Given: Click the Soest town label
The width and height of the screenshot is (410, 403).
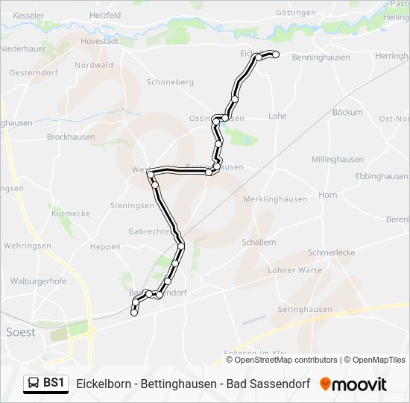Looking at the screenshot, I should (20, 332).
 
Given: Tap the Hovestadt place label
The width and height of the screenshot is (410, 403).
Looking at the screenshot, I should (99, 41).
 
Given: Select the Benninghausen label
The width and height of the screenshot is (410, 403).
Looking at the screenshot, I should (321, 57).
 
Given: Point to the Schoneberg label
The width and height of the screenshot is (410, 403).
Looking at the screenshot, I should (171, 82).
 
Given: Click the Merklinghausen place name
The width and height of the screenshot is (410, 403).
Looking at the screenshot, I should (275, 199).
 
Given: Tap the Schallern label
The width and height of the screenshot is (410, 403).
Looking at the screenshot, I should (259, 243).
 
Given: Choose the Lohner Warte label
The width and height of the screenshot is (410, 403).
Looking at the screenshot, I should (293, 270).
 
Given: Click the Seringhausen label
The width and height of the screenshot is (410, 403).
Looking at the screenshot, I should (304, 309).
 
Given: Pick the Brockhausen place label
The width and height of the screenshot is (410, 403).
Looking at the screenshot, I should (71, 137).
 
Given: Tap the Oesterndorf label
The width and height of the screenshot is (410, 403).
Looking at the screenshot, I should (34, 72).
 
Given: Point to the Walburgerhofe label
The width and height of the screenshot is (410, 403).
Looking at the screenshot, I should (39, 281).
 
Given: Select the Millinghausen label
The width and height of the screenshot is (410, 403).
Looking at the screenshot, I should (337, 160).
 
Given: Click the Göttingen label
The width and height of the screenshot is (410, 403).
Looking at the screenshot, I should (297, 13).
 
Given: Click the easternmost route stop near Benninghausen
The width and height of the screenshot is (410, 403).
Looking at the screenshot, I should (275, 54).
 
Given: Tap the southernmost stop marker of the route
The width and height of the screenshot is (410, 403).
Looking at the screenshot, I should (134, 313).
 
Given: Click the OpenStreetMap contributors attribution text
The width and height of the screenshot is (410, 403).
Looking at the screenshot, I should (286, 360).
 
